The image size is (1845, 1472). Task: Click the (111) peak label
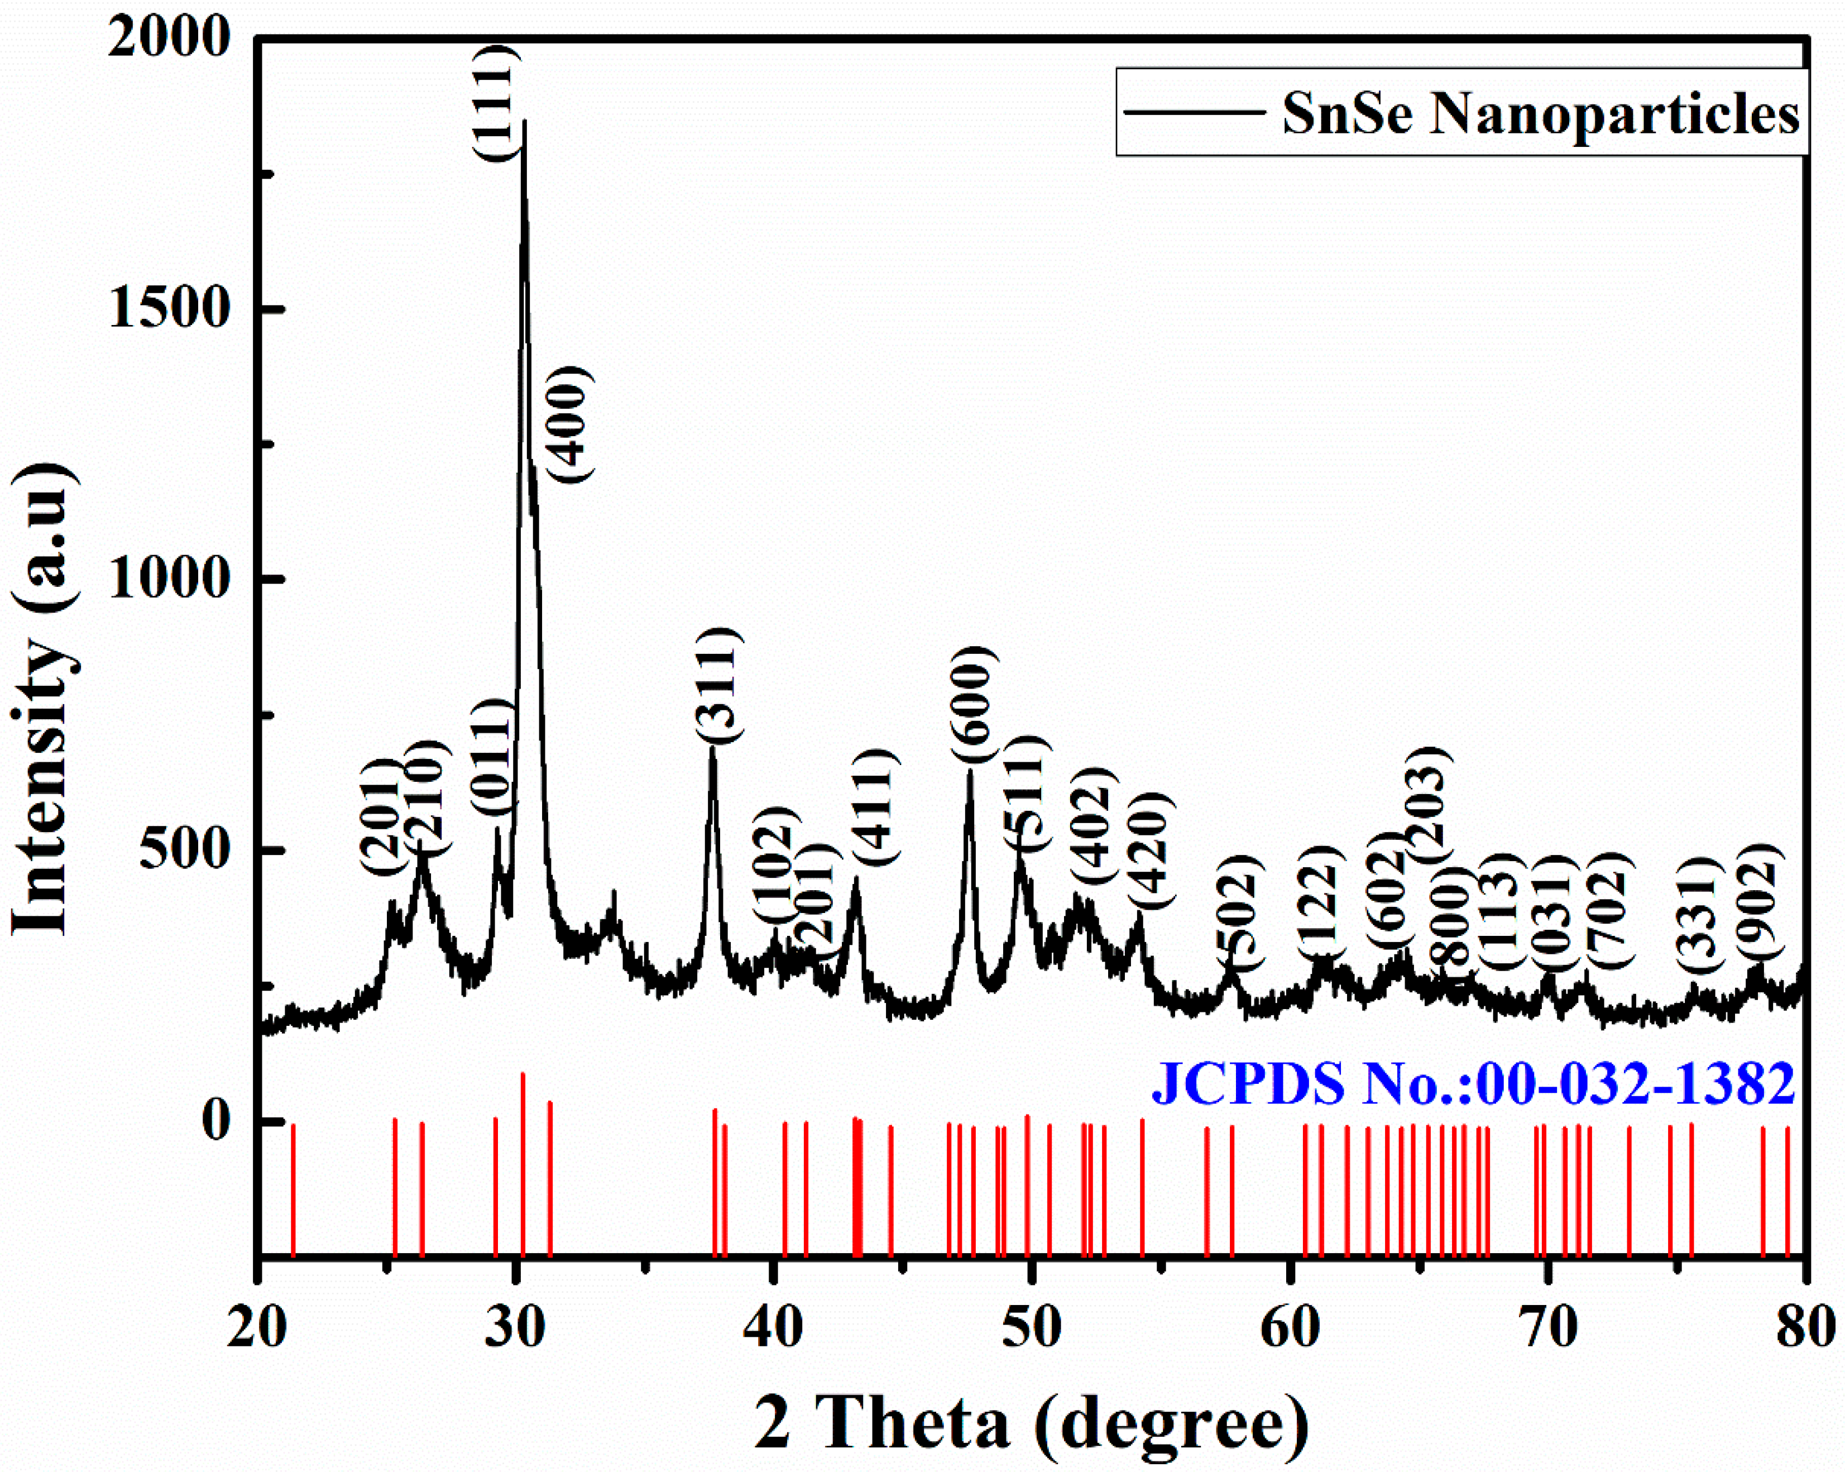495,102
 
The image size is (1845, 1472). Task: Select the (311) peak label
717,685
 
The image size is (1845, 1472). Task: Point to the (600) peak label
974,704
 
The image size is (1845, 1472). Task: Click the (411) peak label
875,806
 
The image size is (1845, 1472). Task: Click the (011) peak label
493,758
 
